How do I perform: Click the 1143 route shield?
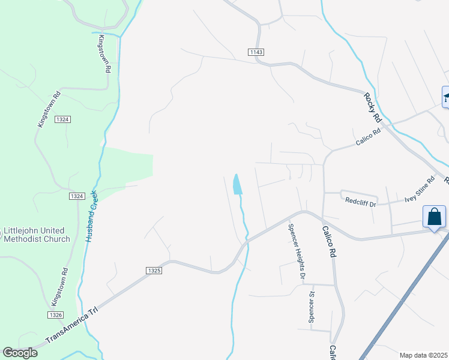pos(256,53)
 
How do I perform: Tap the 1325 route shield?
pos(153,271)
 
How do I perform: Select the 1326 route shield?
pos(56,315)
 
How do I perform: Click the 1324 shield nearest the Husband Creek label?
pos(76,196)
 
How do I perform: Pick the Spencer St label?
pos(312,307)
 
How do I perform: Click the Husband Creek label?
pos(92,216)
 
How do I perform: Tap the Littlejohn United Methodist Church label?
pos(37,235)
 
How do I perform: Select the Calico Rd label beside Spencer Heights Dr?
pos(328,241)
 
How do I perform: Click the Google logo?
pos(20,353)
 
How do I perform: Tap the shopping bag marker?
pos(434,217)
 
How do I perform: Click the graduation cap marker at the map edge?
pos(446,97)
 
